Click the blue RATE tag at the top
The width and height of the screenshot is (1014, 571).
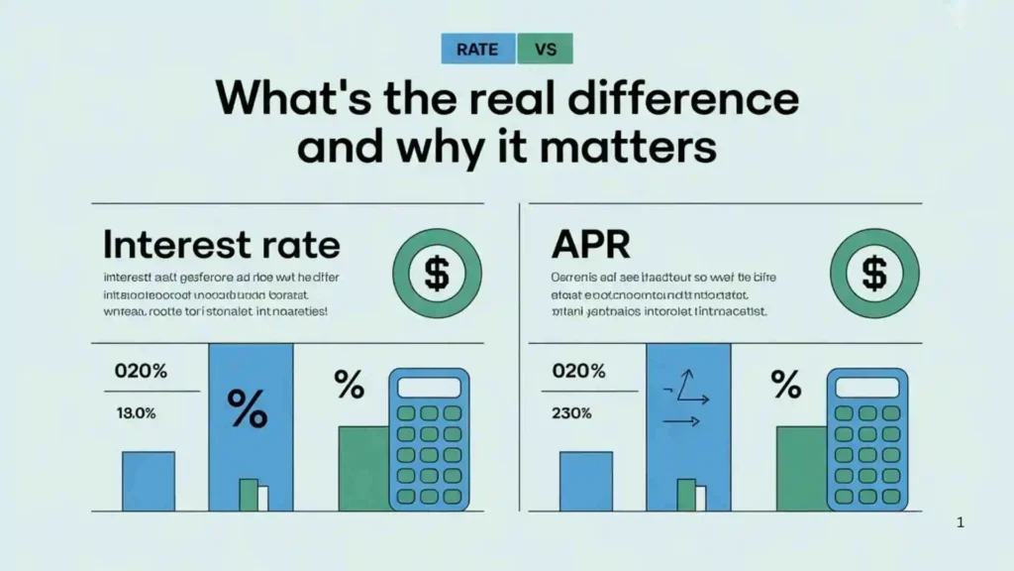478,49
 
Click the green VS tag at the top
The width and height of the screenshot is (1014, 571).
545,49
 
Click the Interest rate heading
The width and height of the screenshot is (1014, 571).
221,244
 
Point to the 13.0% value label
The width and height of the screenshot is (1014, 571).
135,413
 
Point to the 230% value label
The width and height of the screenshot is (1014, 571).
572,413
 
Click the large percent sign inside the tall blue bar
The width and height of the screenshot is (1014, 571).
248,406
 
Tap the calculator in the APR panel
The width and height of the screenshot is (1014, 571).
866,439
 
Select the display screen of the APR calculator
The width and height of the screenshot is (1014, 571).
866,387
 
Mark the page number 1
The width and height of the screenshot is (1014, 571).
961,522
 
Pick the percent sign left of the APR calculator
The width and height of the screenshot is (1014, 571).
785,384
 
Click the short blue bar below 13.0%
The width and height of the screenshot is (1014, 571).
149,481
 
